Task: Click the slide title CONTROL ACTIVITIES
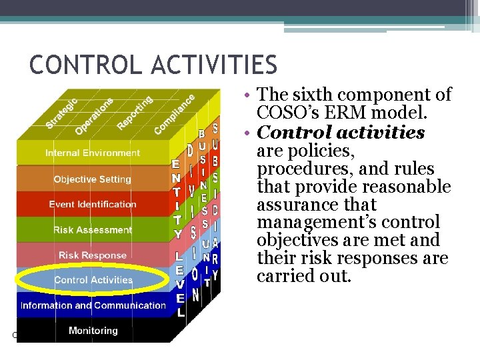[x=153, y=65]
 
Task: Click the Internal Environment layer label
[x=93, y=153]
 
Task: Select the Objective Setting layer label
[x=93, y=179]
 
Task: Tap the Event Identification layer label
[x=93, y=204]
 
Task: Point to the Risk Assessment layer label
[x=93, y=230]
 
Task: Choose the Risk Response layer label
[x=93, y=255]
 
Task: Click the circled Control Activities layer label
[x=93, y=280]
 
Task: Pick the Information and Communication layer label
[x=93, y=305]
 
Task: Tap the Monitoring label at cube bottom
[x=93, y=331]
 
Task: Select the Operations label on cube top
[x=94, y=115]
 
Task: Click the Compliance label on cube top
[x=174, y=113]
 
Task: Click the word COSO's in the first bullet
[x=289, y=113]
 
